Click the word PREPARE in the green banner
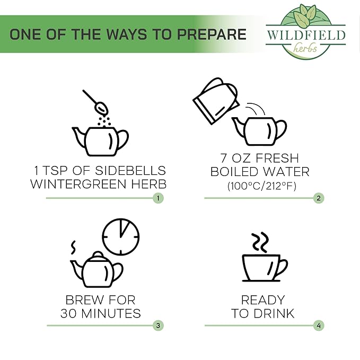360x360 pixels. tap(212, 34)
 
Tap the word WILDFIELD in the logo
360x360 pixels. tap(306, 35)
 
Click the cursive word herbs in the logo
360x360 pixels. tap(305, 48)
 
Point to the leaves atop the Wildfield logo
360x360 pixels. tap(306, 14)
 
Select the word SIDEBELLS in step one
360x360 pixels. tap(130, 171)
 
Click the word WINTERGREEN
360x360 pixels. tap(78, 184)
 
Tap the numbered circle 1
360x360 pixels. tap(158, 198)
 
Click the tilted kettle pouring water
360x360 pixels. tap(216, 101)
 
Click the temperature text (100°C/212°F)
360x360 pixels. tap(262, 186)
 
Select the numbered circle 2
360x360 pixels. tap(319, 198)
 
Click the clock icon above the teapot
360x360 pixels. tap(121, 236)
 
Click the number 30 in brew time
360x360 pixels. tap(68, 314)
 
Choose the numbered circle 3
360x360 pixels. tap(158, 326)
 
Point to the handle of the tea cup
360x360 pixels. tap(284, 267)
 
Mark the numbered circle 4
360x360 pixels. tap(319, 326)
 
